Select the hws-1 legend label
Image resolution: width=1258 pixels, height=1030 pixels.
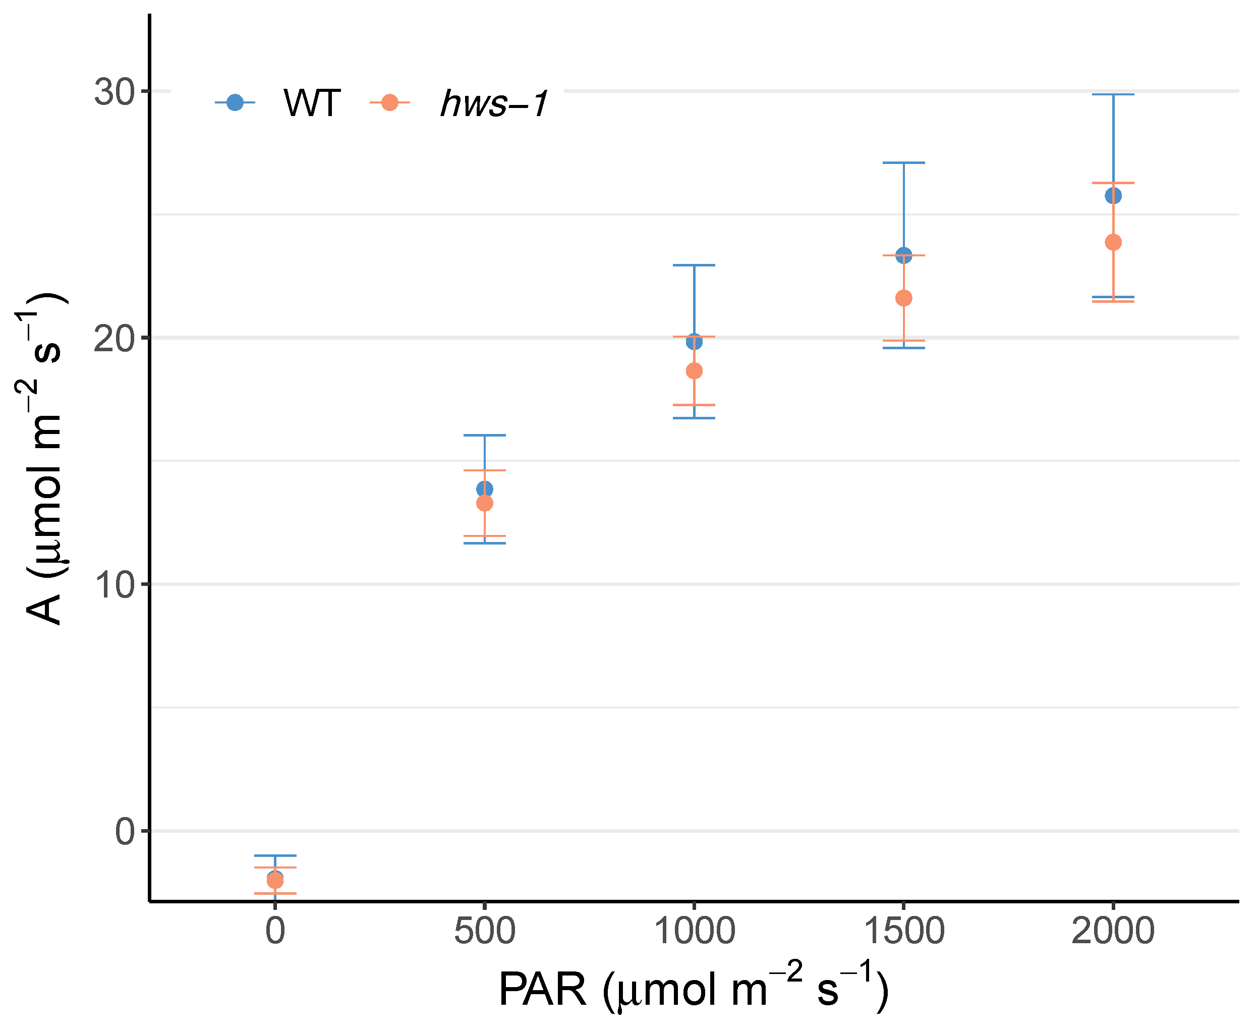[494, 103]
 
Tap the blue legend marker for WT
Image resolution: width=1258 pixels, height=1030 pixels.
[235, 102]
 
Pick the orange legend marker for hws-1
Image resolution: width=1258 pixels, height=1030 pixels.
[390, 102]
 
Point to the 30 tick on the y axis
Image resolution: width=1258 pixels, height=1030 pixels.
[114, 92]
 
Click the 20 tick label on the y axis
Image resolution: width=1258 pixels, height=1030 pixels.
[114, 339]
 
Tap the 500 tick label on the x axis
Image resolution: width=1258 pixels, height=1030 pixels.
[485, 931]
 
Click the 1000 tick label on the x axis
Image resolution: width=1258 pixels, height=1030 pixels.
[694, 931]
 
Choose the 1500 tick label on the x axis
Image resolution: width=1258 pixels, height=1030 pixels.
[903, 931]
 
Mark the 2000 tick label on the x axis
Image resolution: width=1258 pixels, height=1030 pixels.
[1113, 931]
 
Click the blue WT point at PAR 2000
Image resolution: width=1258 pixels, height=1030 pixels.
[1113, 195]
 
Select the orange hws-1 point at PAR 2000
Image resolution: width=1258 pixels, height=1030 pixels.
[1113, 242]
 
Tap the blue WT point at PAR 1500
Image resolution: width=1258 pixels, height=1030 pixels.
[903, 255]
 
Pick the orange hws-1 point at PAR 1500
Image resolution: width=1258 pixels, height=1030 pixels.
[903, 298]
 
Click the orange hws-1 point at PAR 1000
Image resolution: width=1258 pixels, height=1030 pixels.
[694, 371]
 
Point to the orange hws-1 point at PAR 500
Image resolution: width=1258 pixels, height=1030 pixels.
[485, 503]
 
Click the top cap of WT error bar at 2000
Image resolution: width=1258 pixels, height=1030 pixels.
[1113, 94]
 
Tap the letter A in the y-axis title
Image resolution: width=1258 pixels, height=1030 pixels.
[44, 609]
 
